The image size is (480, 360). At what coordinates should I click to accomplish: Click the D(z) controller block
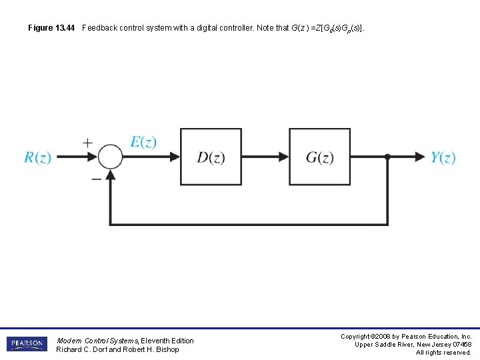coord(211,157)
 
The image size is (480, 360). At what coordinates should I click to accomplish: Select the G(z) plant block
coord(319,157)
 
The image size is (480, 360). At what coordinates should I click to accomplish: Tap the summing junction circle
coord(111,157)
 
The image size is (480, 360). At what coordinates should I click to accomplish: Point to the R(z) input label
coord(37,158)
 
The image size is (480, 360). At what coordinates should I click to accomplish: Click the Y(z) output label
coord(443,158)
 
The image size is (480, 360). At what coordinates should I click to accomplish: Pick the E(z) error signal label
coord(143,142)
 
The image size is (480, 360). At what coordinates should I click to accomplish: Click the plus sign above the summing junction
coord(88,143)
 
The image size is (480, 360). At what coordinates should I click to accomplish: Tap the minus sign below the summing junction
coord(97,179)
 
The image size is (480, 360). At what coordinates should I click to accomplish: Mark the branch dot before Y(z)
coord(387,157)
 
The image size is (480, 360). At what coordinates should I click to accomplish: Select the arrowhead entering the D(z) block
coord(175,157)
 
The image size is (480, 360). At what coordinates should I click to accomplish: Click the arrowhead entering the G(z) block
coord(283,157)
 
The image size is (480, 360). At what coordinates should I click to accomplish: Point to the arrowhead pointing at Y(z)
coord(420,157)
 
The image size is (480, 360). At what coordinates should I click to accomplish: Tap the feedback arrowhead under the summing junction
coord(111,173)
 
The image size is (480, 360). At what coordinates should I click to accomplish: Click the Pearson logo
coord(27,344)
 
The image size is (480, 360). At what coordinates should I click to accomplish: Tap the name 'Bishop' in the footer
coord(167,349)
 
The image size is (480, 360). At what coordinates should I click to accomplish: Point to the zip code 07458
coord(459,345)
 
